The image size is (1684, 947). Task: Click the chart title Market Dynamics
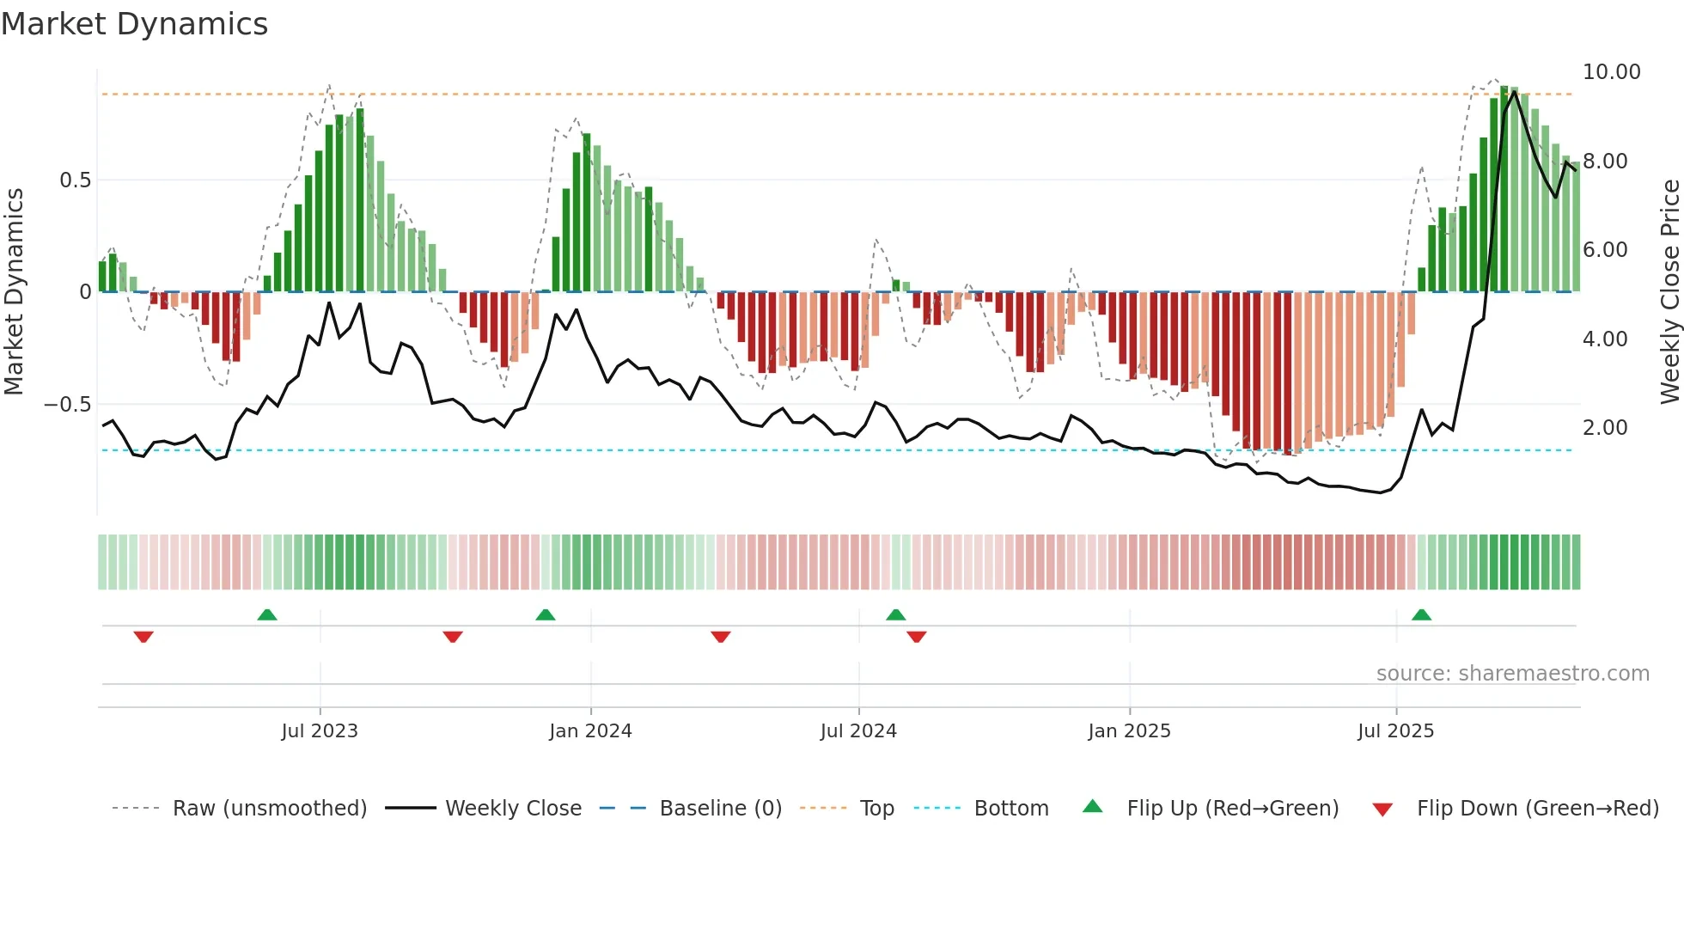pyautogui.click(x=134, y=24)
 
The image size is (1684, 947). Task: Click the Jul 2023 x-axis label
pyautogui.click(x=320, y=730)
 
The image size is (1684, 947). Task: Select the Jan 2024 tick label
pyautogui.click(x=590, y=730)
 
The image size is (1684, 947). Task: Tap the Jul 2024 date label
pyautogui.click(x=858, y=730)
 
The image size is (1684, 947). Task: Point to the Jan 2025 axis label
pyautogui.click(x=1129, y=730)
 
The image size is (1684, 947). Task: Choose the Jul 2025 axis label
pyautogui.click(x=1395, y=730)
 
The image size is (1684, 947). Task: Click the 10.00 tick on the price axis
pyautogui.click(x=1611, y=72)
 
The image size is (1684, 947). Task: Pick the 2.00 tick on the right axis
pyautogui.click(x=1605, y=428)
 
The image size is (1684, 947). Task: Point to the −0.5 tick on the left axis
pyautogui.click(x=67, y=405)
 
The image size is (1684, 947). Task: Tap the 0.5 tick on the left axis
pyautogui.click(x=75, y=180)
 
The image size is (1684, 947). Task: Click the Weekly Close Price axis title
pyautogui.click(x=1669, y=292)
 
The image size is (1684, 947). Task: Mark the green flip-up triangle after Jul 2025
pyautogui.click(x=1421, y=614)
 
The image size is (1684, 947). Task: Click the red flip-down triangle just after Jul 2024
pyautogui.click(x=916, y=637)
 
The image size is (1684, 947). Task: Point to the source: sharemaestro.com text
pyautogui.click(x=1512, y=674)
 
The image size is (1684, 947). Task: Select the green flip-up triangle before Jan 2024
pyautogui.click(x=545, y=614)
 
